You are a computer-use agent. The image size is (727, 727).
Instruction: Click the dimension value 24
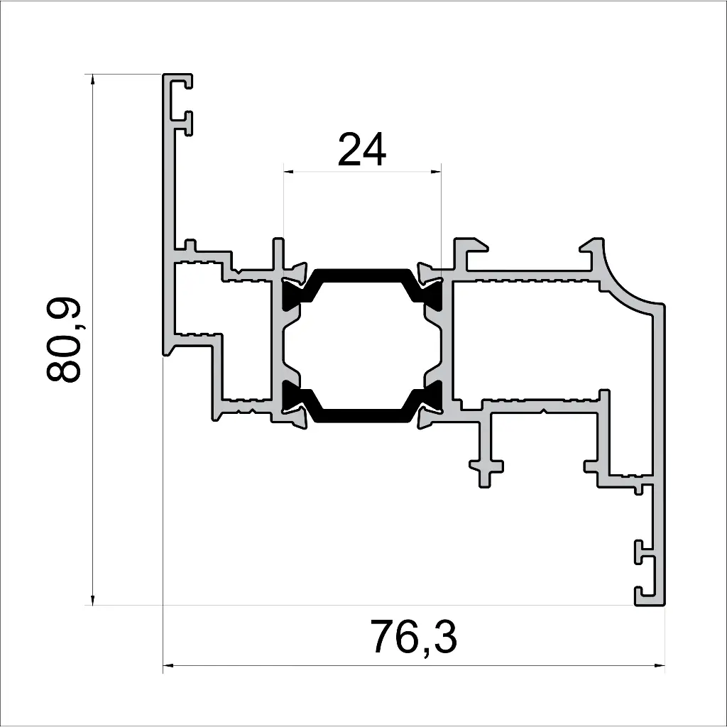(x=362, y=150)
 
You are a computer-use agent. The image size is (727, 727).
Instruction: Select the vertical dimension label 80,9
(x=65, y=341)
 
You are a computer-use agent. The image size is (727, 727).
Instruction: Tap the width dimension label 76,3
(x=413, y=638)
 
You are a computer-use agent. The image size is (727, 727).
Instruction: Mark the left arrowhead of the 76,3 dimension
(x=169, y=666)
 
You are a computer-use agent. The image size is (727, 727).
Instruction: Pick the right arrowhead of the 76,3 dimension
(x=660, y=666)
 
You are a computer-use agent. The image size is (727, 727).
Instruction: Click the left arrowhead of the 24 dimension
(x=288, y=171)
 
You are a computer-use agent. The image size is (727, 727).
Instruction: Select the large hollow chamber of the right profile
(x=540, y=341)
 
